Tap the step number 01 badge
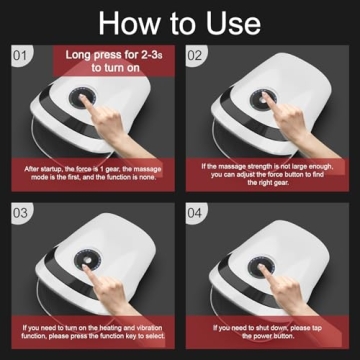click(19, 58)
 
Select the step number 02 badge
click(198, 58)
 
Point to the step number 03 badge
click(19, 213)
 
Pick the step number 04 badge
click(198, 213)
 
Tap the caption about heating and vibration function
click(91, 330)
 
